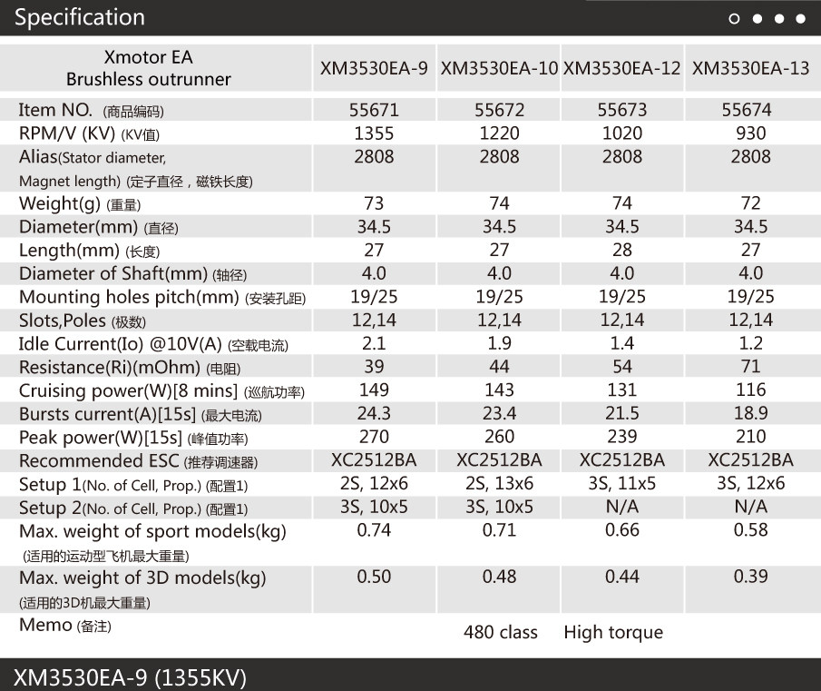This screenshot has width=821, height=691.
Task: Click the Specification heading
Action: [80, 17]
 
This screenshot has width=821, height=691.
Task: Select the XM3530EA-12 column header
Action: [622, 68]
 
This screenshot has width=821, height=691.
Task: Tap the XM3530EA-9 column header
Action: [374, 68]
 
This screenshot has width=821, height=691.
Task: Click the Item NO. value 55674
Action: [747, 110]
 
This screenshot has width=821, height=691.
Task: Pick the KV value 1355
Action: [374, 133]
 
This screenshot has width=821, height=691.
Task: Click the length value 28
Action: [622, 250]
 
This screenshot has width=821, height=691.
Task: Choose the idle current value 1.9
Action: [499, 343]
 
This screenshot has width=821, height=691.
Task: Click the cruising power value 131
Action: [622, 390]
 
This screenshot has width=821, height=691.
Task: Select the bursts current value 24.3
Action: [374, 414]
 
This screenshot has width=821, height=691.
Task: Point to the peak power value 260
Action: [499, 437]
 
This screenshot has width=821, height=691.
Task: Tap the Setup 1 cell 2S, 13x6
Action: [499, 484]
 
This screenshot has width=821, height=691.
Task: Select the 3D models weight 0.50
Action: [374, 577]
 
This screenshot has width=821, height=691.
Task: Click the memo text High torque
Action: [613, 632]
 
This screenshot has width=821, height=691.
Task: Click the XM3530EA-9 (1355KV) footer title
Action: [130, 677]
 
